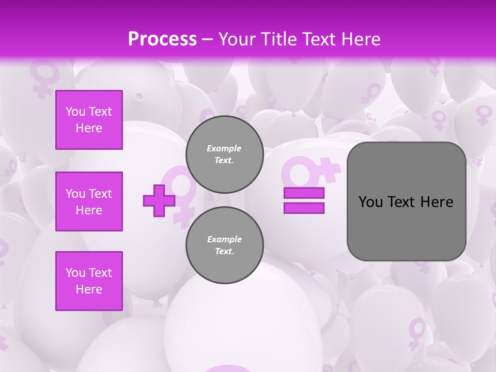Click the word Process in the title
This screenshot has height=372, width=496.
[162, 39]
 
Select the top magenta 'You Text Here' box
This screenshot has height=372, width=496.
[89, 120]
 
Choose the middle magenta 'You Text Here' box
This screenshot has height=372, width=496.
[89, 202]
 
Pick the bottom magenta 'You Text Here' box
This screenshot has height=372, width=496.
[89, 281]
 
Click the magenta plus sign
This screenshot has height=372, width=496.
[159, 200]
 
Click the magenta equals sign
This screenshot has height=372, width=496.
[304, 200]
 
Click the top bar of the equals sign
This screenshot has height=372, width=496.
[304, 193]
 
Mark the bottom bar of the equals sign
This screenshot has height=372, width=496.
[304, 208]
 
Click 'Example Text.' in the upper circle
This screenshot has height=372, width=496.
[224, 154]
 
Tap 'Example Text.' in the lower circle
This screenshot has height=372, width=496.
[224, 245]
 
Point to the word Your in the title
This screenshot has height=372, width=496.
[237, 39]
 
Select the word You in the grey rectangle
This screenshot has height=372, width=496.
[370, 202]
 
